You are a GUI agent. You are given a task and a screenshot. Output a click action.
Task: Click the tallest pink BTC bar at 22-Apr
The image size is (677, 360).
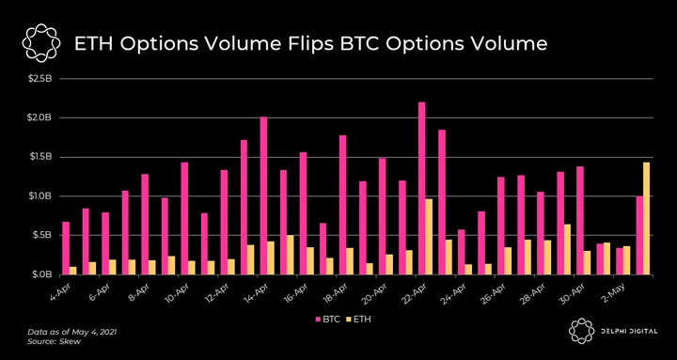(x=422, y=188)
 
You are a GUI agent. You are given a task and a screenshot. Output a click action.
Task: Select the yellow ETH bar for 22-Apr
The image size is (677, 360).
(x=429, y=237)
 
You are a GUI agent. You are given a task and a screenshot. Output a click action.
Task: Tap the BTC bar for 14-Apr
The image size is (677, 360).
(x=263, y=196)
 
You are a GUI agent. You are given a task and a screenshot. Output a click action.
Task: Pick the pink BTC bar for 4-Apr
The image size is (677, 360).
(x=66, y=248)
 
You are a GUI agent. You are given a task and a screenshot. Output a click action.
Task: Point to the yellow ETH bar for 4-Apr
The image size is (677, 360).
(x=72, y=271)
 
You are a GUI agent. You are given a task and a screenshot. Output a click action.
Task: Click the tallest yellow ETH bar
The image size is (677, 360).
(x=646, y=218)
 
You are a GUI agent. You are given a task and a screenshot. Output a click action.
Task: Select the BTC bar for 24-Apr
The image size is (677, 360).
(x=461, y=252)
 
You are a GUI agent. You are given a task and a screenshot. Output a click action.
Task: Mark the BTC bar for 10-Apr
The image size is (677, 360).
(x=184, y=218)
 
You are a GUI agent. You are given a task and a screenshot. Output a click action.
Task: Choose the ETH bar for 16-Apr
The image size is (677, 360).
(x=310, y=260)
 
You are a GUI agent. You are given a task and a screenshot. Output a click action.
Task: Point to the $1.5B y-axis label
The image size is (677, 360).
(x=41, y=157)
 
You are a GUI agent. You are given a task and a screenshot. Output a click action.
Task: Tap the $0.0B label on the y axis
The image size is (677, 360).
(x=41, y=274)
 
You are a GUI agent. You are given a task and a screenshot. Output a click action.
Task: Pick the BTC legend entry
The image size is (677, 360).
(x=328, y=320)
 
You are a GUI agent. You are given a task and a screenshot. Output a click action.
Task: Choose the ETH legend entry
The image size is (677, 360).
(x=358, y=320)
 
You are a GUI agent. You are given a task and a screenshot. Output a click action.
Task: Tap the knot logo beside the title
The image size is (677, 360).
(x=41, y=44)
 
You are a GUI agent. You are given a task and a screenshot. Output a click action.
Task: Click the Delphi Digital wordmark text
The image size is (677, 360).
(x=629, y=331)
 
